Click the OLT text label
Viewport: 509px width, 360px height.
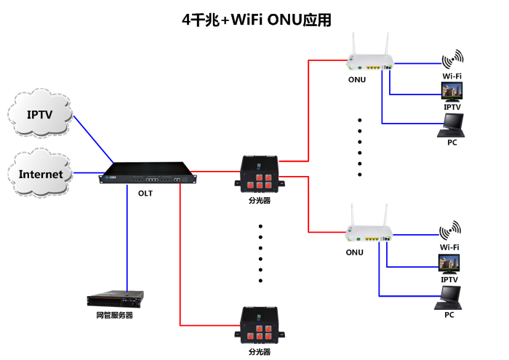point(145,193)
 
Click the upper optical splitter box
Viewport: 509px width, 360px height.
point(260,175)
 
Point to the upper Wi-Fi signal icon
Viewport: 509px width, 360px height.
point(452,60)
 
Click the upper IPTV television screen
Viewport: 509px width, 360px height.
point(452,90)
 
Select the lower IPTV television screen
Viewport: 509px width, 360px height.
point(449,263)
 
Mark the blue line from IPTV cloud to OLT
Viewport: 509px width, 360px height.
point(93,138)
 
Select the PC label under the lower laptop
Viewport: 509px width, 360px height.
point(449,315)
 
